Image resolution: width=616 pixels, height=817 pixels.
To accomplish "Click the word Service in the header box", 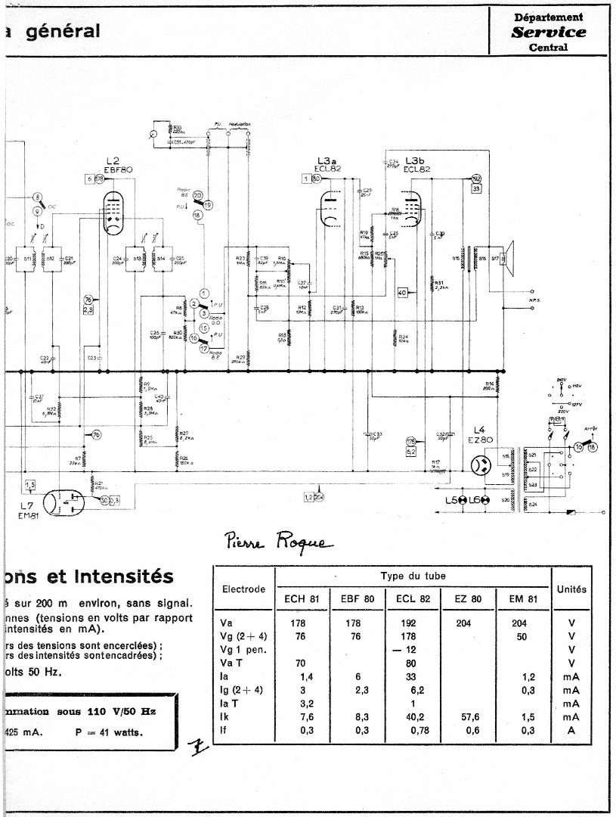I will coord(548,32).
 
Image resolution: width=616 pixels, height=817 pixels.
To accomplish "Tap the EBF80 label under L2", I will coord(119,170).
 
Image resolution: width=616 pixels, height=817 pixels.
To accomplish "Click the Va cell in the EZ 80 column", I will coord(466,625).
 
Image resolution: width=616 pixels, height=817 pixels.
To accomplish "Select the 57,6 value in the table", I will coord(466,716).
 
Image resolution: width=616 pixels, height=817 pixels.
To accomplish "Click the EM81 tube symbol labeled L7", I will coord(62,501).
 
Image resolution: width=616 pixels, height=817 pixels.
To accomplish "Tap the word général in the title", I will coord(63,31).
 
